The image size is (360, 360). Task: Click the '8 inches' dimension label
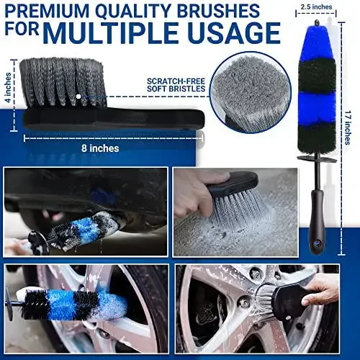101,148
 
